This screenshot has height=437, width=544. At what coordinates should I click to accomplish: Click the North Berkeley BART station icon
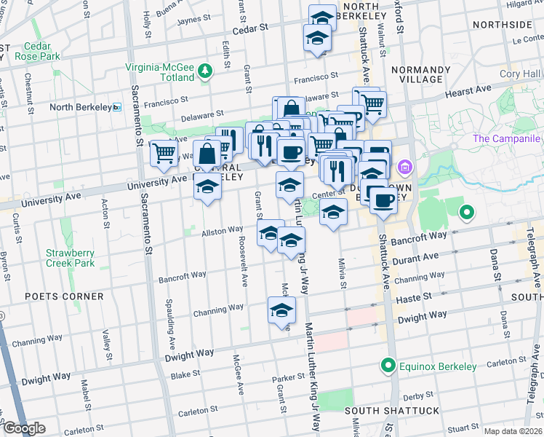pos(117,107)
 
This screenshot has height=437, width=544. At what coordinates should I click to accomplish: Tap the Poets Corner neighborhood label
pos(64,296)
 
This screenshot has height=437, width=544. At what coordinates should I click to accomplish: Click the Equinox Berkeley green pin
pos(389,365)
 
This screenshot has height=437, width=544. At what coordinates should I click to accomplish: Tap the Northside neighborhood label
pos(502,25)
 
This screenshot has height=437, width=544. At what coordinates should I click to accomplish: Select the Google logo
pos(24,428)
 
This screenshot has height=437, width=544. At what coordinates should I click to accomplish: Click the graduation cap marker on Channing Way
pos(281,311)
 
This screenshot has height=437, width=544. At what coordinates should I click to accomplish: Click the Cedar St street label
pos(250,28)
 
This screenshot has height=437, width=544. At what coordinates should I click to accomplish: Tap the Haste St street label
pos(413,298)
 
